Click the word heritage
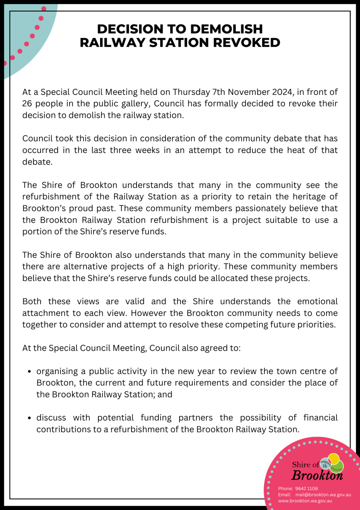[x=311, y=196]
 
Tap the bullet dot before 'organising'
[x=30, y=372]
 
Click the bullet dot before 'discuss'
[x=30, y=418]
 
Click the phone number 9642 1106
[x=306, y=488]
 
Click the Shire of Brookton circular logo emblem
[x=332, y=463]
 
